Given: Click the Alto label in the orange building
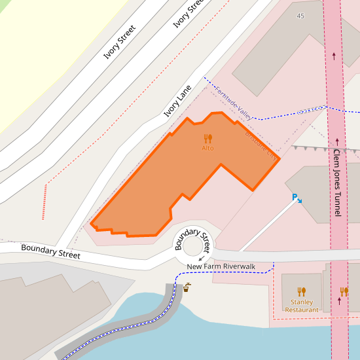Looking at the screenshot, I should coord(207,149).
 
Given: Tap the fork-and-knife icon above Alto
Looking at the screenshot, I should coord(207,138).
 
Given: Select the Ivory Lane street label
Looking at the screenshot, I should coord(177,101).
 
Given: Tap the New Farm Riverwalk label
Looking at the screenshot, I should coord(221,266).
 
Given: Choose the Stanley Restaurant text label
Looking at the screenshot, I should coord(302,306).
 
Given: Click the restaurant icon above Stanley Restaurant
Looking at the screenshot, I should coord(302,291).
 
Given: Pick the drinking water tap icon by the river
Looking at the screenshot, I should coord(187,287).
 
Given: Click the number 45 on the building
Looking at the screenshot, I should coord(300,16).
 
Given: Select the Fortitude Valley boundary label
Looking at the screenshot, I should coord(234,103).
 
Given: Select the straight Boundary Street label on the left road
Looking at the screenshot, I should coord(50,251).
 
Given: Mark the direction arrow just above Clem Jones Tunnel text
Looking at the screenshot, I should coord(338,141).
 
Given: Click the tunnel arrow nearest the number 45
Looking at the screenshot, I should coord(334,56).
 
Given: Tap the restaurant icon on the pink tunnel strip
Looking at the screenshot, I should coord(344,291).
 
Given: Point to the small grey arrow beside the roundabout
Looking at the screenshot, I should coord(200,259).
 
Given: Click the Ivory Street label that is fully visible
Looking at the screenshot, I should coord(120,42).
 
